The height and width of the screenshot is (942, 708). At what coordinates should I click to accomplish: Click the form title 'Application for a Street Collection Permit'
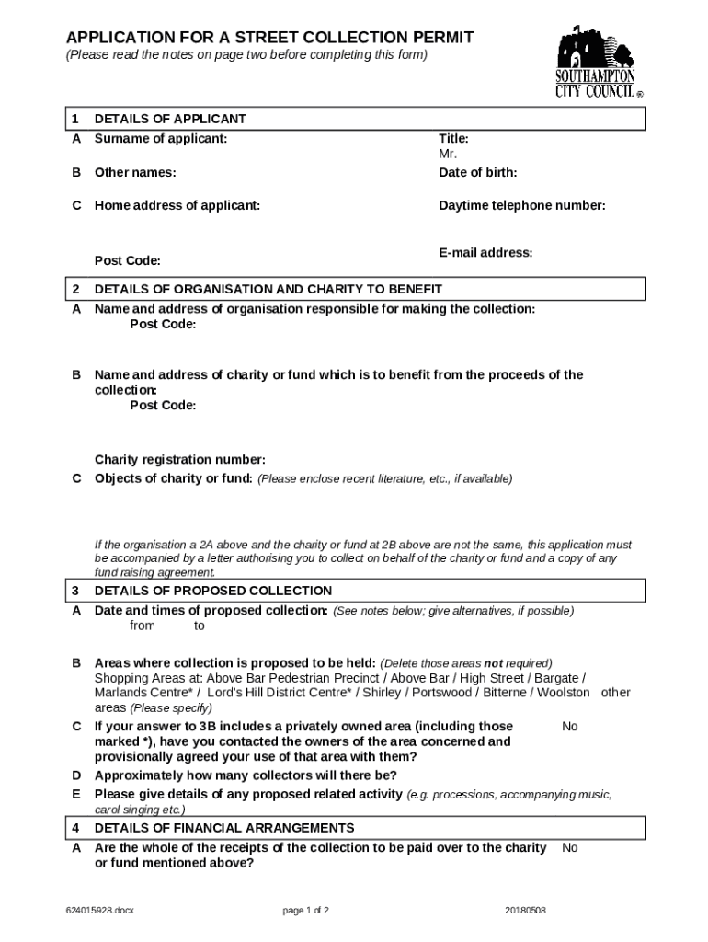coord(269,38)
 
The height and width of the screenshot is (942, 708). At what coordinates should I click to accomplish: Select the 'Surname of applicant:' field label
coord(160,139)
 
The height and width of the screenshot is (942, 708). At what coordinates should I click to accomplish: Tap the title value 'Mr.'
coord(448,155)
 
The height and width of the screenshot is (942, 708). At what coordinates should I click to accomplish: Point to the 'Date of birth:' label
coord(477,173)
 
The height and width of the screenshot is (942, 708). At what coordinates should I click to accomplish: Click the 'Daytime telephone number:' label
coord(521,206)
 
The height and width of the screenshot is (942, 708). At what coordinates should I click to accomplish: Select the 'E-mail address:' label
coord(485,253)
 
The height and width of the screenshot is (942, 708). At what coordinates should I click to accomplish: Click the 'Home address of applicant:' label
coord(177,206)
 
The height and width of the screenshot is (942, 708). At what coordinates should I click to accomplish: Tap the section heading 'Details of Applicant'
coord(170,120)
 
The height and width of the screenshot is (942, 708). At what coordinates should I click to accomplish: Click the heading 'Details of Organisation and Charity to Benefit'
coord(268,290)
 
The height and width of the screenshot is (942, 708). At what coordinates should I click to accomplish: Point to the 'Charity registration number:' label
coord(180,460)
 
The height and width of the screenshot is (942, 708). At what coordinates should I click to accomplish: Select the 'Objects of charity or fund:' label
coord(173,478)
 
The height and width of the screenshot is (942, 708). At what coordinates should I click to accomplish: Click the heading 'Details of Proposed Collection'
coord(212,591)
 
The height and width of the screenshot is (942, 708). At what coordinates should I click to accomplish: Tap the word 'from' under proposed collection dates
coord(143,626)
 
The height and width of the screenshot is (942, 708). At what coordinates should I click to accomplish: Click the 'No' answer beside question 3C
coord(569,727)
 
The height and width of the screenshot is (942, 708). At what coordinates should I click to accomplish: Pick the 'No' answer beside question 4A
coord(569,848)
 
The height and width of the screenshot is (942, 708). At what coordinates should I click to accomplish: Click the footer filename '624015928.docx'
coord(100,911)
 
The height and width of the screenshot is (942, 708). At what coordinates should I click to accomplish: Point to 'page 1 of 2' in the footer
coord(305,911)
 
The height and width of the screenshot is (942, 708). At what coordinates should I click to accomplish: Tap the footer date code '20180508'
coord(525,911)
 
